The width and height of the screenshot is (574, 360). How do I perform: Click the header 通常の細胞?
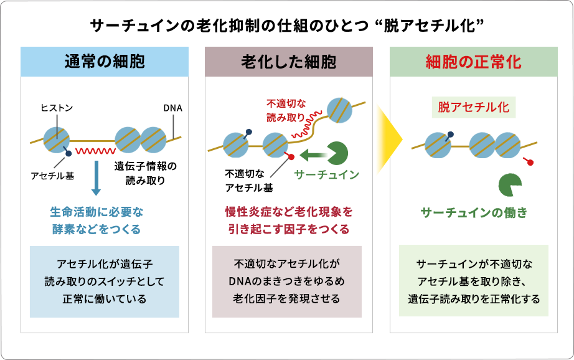point(105,62)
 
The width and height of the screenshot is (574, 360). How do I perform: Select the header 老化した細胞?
point(289,62)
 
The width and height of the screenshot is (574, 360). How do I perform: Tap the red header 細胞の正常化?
point(473,62)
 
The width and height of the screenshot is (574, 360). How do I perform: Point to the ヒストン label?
point(57,108)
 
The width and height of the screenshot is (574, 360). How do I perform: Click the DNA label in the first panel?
point(172,108)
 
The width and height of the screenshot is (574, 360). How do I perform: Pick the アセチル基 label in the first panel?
point(52,176)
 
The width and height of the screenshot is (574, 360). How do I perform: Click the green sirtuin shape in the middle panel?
point(339,153)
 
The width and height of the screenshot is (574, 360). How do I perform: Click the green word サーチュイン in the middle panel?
point(327,175)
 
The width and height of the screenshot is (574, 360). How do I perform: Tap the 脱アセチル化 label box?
point(473,107)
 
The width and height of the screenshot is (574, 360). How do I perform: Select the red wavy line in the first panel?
point(95,151)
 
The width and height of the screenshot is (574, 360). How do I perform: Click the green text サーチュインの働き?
point(474,212)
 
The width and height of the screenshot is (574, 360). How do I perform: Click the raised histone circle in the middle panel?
point(340,110)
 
